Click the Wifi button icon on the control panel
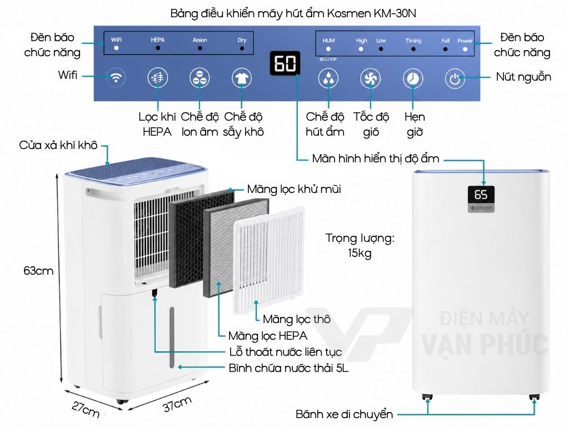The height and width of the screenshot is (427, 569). (x=116, y=78)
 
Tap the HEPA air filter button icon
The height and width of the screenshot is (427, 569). (x=157, y=78)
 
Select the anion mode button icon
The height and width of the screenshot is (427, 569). (x=199, y=78)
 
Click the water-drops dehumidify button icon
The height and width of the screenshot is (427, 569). (x=328, y=78)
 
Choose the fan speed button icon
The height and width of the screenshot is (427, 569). (x=370, y=78)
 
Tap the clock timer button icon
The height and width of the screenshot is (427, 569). (x=413, y=78)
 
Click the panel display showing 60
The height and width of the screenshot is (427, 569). (x=285, y=63)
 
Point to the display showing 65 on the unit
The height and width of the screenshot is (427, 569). (x=481, y=195)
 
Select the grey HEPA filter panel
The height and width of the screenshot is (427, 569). (x=236, y=247)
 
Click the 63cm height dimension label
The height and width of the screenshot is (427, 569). (x=38, y=271)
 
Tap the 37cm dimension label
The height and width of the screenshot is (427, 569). (x=177, y=404)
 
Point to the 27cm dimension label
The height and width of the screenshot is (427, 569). (x=86, y=409)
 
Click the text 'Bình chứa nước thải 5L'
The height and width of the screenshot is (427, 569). (x=288, y=368)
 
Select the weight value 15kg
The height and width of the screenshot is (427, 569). (x=360, y=253)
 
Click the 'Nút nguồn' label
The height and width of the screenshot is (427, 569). (x=523, y=77)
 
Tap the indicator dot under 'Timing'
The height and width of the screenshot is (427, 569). (x=413, y=49)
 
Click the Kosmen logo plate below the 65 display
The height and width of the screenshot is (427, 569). (x=481, y=208)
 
